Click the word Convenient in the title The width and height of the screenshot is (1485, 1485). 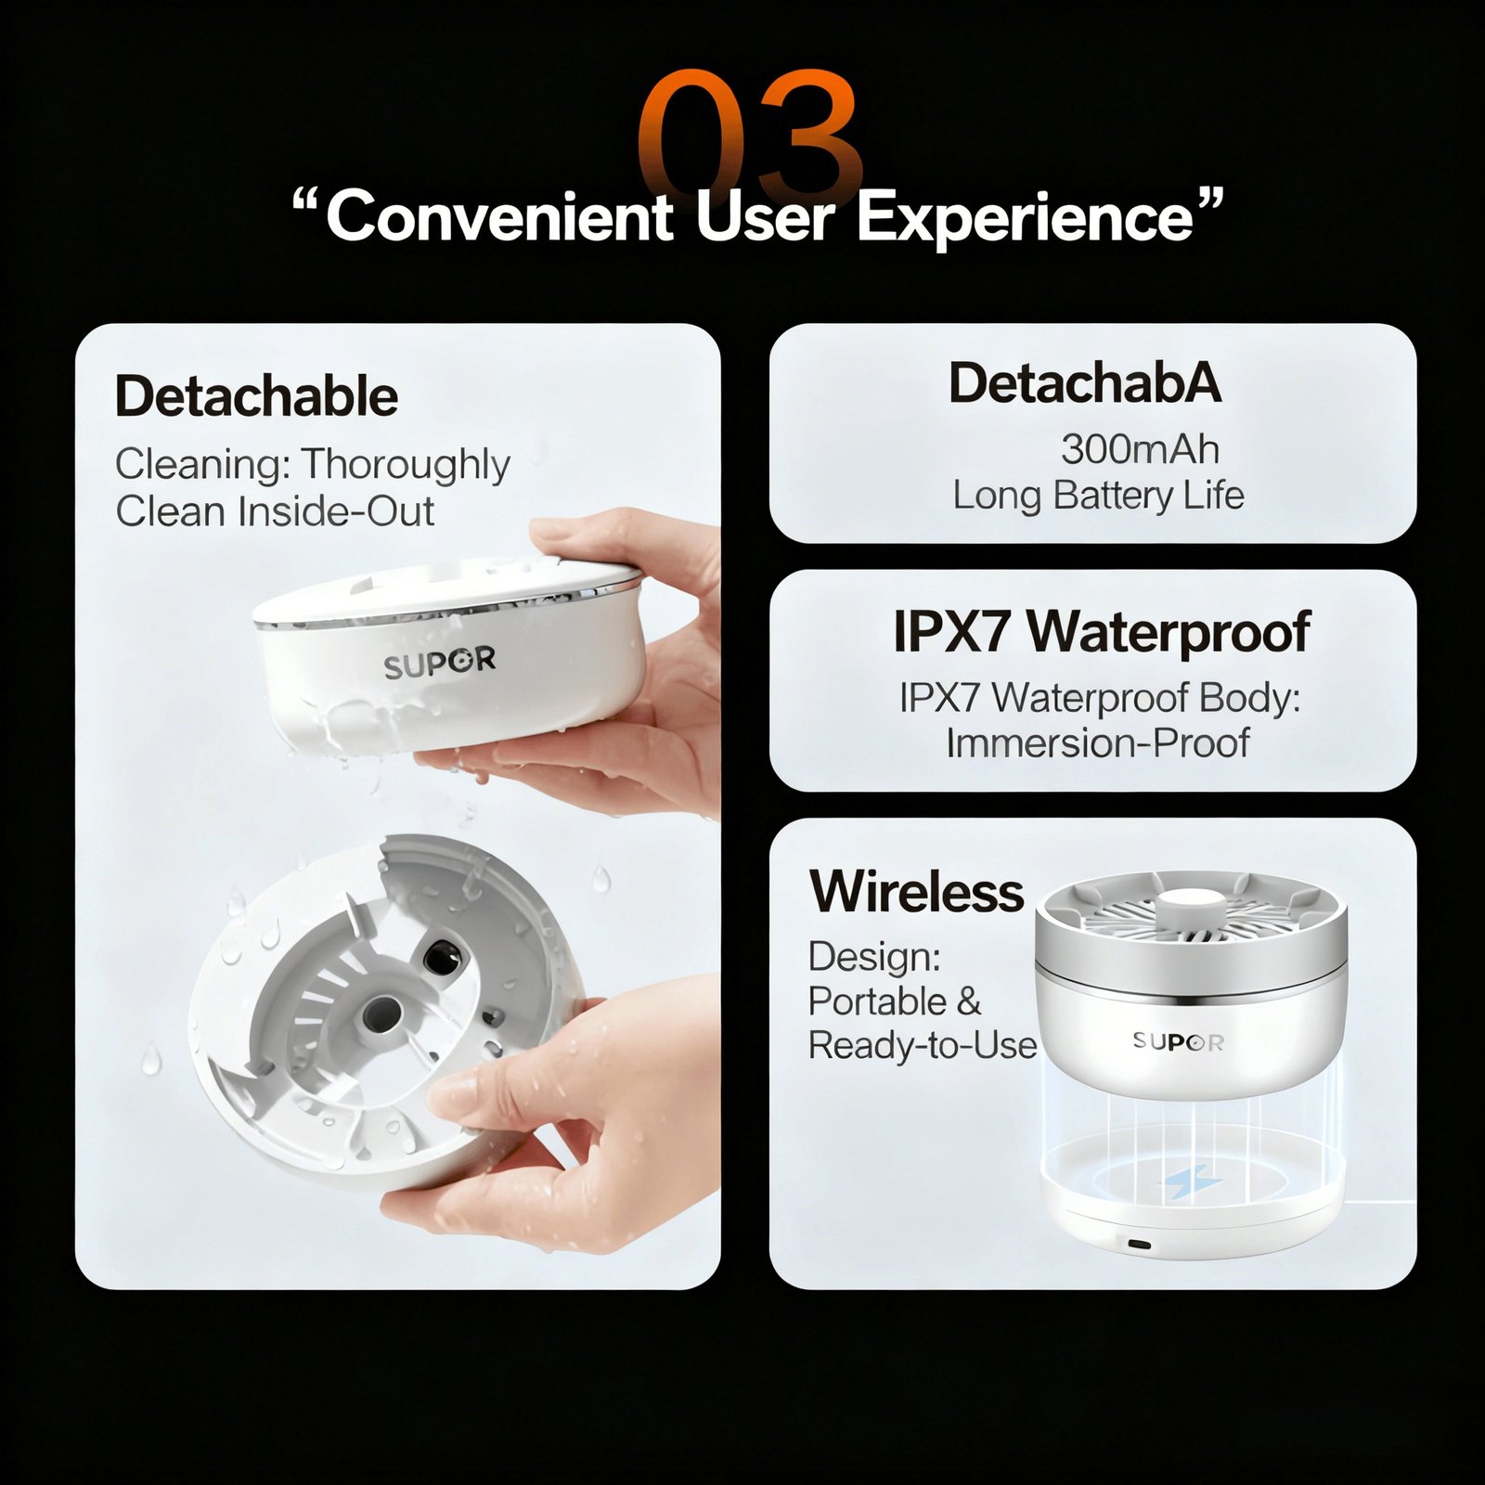(x=499, y=215)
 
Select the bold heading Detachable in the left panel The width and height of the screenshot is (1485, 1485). (x=257, y=396)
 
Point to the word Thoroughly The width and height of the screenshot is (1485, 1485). (x=407, y=465)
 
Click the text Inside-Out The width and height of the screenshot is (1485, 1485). (x=336, y=511)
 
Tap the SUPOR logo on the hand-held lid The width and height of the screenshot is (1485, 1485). (x=440, y=663)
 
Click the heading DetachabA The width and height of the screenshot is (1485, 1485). (x=1085, y=382)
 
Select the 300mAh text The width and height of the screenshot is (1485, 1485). (x=1140, y=449)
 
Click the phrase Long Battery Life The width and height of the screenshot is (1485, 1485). (x=1098, y=496)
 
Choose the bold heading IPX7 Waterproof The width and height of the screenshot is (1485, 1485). (x=1102, y=632)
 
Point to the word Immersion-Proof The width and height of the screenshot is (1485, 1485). (x=1098, y=743)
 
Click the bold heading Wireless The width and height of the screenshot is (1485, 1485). (x=917, y=891)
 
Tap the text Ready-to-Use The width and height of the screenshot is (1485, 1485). (x=923, y=1046)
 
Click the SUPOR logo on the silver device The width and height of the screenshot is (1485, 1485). (x=1178, y=1041)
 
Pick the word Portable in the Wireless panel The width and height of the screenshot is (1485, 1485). (x=877, y=1001)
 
